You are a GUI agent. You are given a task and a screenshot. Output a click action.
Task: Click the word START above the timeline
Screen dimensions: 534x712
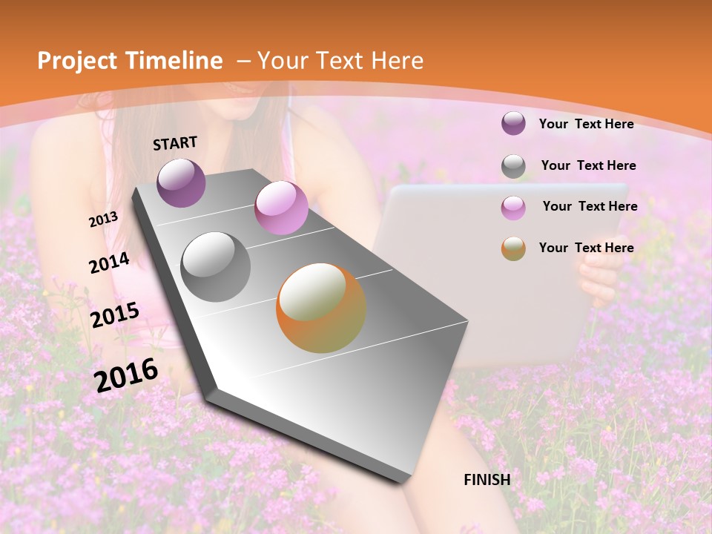pyautogui.click(x=175, y=143)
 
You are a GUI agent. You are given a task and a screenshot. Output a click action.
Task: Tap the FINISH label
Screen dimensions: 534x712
pyautogui.click(x=487, y=480)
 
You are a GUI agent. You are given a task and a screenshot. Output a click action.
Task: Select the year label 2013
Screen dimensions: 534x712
pyautogui.click(x=103, y=220)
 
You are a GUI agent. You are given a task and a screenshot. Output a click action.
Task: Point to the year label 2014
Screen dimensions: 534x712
pyautogui.click(x=109, y=263)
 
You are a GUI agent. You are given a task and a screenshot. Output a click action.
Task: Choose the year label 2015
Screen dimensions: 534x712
pyautogui.click(x=114, y=315)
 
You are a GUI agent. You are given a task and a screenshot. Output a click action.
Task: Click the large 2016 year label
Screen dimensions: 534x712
pyautogui.click(x=125, y=375)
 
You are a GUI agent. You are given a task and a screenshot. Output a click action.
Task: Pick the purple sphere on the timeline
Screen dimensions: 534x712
pyautogui.click(x=181, y=182)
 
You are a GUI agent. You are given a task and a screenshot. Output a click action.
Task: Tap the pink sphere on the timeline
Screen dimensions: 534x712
pyautogui.click(x=281, y=208)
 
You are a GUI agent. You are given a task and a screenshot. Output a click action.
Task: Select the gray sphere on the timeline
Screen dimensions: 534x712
pyautogui.click(x=216, y=266)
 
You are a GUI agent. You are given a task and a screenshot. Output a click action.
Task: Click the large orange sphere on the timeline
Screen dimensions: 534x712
pyautogui.click(x=320, y=308)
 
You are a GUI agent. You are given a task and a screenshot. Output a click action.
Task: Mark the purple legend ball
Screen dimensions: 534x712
pyautogui.click(x=513, y=124)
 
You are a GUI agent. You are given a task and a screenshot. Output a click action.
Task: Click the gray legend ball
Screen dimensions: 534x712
pyautogui.click(x=513, y=166)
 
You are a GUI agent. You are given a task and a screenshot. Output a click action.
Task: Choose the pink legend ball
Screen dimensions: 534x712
pyautogui.click(x=513, y=208)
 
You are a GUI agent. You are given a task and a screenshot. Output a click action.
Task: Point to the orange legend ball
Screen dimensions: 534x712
pyautogui.click(x=513, y=248)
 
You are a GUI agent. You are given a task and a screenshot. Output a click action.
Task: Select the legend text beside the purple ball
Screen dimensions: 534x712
pyautogui.click(x=586, y=124)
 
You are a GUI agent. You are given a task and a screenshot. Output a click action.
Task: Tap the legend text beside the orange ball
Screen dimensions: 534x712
pyautogui.click(x=586, y=248)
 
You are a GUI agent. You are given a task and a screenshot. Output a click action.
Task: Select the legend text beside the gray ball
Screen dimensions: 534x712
pyautogui.click(x=588, y=165)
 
